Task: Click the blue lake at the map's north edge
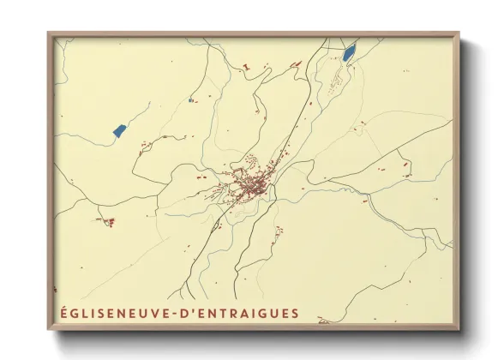350,53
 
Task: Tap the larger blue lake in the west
119,130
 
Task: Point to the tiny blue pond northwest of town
189,100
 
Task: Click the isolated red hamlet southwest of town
109,222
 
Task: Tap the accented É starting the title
63,313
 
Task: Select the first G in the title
75,313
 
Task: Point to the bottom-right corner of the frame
459,329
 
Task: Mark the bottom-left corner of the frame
49,329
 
